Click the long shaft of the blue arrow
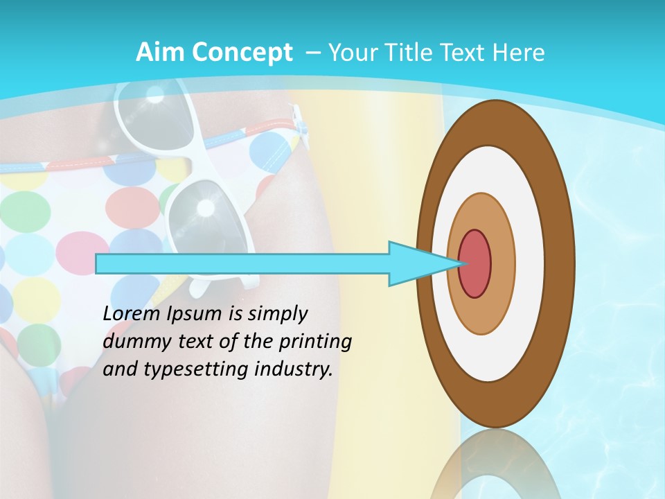tap(242, 263)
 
